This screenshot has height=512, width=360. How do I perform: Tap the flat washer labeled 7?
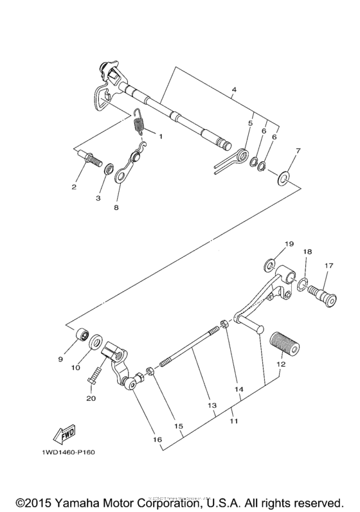[x=283, y=174]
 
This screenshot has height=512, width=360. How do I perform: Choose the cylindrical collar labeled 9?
[x=82, y=336]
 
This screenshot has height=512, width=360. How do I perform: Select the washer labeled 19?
[x=270, y=263]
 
